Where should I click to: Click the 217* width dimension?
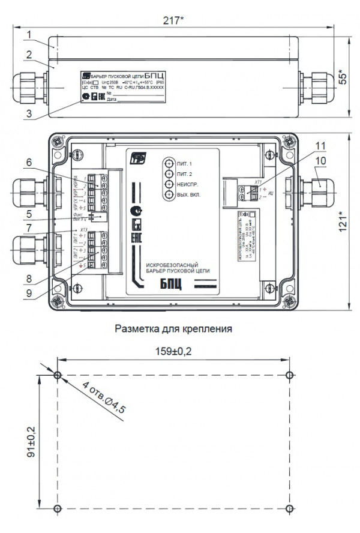(173, 20)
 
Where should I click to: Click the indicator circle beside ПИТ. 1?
(170, 163)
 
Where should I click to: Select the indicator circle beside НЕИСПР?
(170, 185)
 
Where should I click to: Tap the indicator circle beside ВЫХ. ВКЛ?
(170, 196)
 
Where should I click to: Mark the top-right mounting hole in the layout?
(290, 376)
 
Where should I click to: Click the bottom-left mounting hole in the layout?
(57, 509)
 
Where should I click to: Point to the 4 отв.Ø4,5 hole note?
(106, 397)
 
